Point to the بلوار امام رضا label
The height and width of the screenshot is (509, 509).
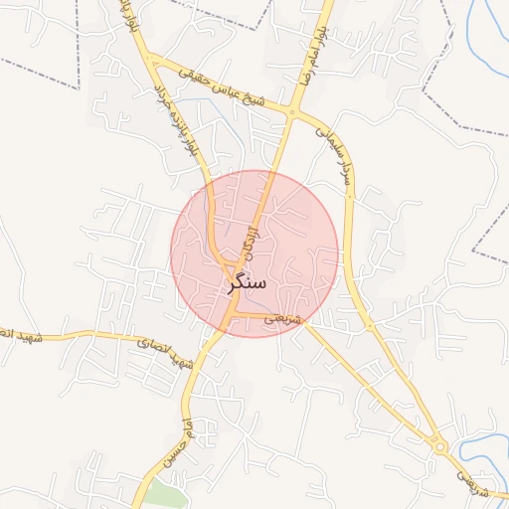point(310,55)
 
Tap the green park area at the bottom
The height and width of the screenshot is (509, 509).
point(162,494)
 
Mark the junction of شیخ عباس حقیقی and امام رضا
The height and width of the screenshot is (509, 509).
point(292,113)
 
